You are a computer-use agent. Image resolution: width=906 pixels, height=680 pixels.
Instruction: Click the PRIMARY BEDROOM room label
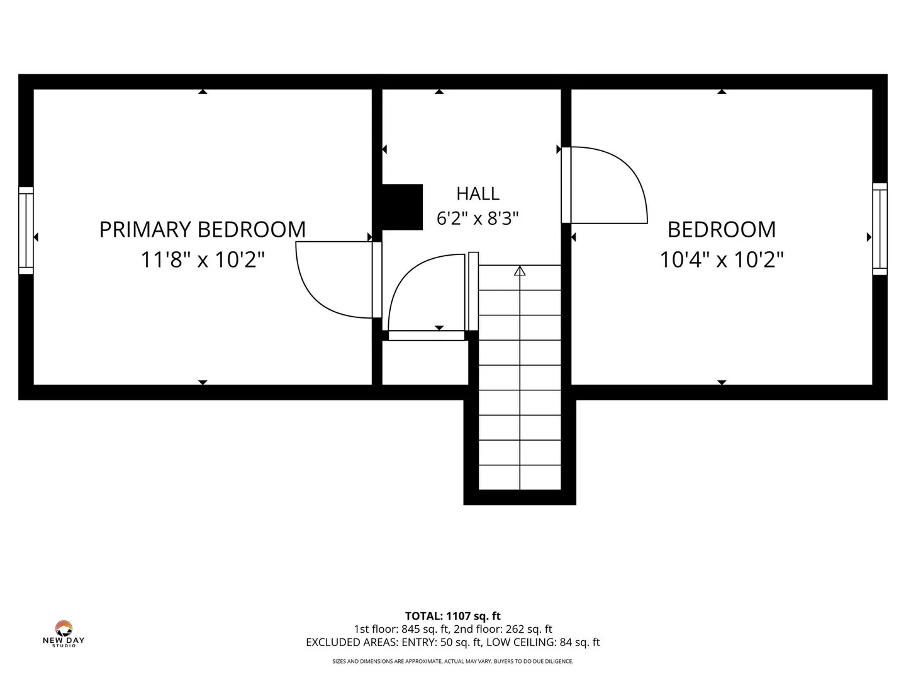tap(202, 230)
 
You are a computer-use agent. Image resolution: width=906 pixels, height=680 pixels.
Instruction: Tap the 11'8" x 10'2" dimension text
tap(202, 259)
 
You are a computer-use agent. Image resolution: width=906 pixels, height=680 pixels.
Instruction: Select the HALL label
tap(478, 194)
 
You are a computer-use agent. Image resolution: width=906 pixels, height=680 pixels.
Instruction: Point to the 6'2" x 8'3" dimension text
tap(478, 218)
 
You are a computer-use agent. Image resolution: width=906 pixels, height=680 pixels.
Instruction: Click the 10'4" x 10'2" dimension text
tap(722, 259)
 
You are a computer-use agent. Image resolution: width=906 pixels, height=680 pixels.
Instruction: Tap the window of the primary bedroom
tap(26, 230)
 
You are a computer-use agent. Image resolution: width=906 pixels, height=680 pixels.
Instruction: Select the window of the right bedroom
tap(880, 229)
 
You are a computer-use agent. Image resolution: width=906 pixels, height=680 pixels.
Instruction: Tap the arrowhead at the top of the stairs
tap(520, 271)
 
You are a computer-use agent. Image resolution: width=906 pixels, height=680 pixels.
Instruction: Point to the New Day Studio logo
tap(64, 634)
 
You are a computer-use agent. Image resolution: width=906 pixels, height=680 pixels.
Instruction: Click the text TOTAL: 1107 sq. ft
tap(453, 616)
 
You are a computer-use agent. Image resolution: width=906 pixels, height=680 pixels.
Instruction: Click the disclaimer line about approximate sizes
tap(453, 661)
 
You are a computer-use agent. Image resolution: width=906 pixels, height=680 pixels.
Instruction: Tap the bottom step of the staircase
tap(520, 477)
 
